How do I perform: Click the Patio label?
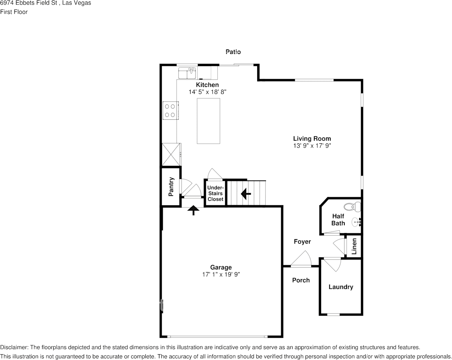233,52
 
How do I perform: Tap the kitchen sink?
187,73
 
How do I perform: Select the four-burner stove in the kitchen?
170,111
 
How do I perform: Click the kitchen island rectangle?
208,121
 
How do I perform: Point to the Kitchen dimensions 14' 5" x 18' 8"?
208,92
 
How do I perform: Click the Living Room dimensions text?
312,146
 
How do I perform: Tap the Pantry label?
171,187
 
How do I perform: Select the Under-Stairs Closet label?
216,193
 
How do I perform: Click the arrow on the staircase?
246,193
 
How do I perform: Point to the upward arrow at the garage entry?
193,210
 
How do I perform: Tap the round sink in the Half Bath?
356,222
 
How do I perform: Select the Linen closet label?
354,246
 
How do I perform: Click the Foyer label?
302,242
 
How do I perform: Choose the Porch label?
301,280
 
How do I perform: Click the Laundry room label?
341,287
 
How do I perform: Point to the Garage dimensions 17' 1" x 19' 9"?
221,274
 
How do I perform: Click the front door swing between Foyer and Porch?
301,259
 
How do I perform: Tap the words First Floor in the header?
14,12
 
